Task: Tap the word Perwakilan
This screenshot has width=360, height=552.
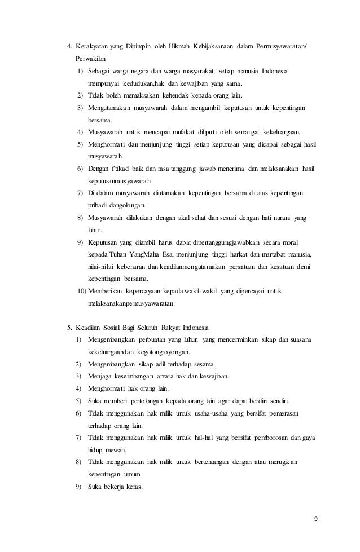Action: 90,58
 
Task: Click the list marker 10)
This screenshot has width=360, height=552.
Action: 79,292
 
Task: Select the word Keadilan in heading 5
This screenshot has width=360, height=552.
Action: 90,328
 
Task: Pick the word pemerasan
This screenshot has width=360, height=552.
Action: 281,414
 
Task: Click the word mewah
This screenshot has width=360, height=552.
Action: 116,451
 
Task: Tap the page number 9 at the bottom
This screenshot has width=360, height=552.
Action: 317,520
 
